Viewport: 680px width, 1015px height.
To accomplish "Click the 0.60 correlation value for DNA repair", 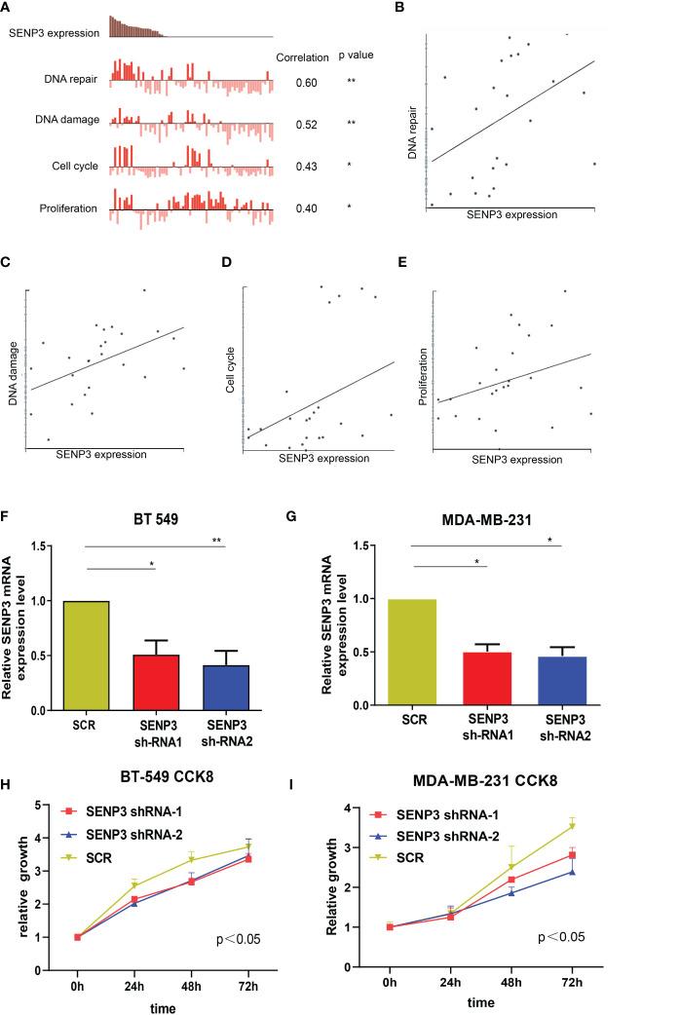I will pyautogui.click(x=306, y=83).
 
